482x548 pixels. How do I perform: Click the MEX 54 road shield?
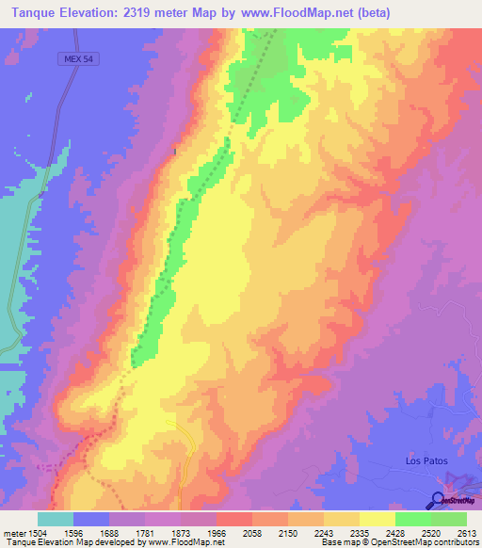point(80,58)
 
